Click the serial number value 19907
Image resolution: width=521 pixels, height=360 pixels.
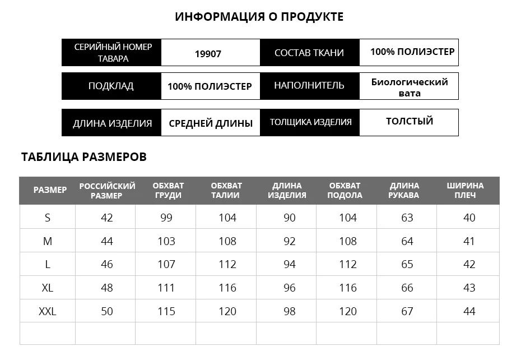click(x=208, y=54)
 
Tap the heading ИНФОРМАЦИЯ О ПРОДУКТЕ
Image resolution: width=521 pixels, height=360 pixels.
click(x=259, y=17)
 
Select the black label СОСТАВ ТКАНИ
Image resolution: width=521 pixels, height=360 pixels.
click(x=309, y=53)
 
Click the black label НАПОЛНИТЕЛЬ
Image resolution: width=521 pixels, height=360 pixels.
click(x=309, y=86)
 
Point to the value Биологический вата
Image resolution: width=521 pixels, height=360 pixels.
click(x=410, y=87)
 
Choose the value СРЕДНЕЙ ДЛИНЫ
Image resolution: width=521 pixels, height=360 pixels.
click(x=211, y=123)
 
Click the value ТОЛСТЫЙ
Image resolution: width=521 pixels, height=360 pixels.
click(x=410, y=121)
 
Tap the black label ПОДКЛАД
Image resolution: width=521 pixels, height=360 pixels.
click(x=111, y=86)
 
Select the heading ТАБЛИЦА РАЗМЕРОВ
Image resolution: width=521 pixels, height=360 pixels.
click(x=84, y=156)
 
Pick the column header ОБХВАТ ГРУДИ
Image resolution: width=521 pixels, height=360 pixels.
click(x=168, y=190)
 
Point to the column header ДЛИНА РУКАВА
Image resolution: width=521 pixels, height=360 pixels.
click(x=404, y=190)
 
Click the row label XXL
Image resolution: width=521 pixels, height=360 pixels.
click(x=48, y=311)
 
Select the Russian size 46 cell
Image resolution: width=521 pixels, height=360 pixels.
click(x=106, y=264)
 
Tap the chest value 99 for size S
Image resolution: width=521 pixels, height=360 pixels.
click(x=166, y=218)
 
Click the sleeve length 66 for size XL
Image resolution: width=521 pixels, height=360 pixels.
click(x=407, y=288)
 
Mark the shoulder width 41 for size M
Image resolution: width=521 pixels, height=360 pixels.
click(x=469, y=241)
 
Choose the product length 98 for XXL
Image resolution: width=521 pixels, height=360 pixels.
click(x=289, y=311)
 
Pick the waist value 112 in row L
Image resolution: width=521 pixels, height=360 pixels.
click(x=227, y=264)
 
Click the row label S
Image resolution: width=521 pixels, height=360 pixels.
click(x=48, y=218)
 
